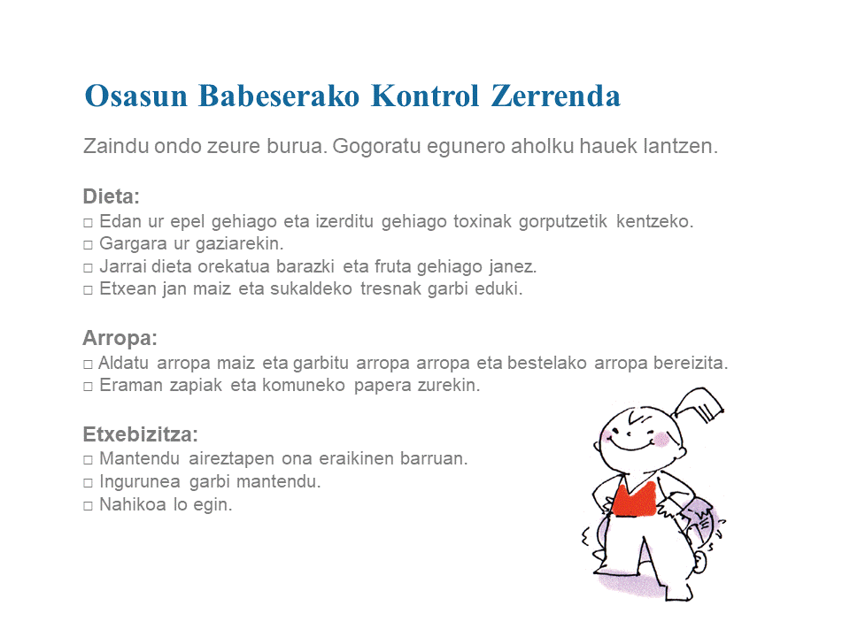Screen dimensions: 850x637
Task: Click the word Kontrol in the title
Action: pyautogui.click(x=425, y=96)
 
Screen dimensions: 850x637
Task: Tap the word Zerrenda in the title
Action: pyautogui.click(x=556, y=96)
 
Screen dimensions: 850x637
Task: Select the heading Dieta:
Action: pyautogui.click(x=112, y=196)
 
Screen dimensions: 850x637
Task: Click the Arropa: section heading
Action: pyautogui.click(x=120, y=338)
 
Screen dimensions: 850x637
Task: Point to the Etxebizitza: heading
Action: pyautogui.click(x=141, y=434)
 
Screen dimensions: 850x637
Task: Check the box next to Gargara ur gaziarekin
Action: pyautogui.click(x=88, y=245)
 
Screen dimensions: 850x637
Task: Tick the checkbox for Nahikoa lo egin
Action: pyautogui.click(x=88, y=506)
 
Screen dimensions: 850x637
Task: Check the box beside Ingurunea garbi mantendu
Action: pyautogui.click(x=88, y=483)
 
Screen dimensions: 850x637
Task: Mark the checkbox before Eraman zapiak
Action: pyautogui.click(x=88, y=387)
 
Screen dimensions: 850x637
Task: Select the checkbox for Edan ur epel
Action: pyautogui.click(x=88, y=223)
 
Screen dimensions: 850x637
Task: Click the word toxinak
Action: pyautogui.click(x=483, y=221)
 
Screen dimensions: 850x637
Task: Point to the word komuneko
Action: pyautogui.click(x=304, y=385)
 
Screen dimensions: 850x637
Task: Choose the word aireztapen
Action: pyautogui.click(x=231, y=459)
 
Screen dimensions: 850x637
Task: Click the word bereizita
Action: pyautogui.click(x=690, y=363)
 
